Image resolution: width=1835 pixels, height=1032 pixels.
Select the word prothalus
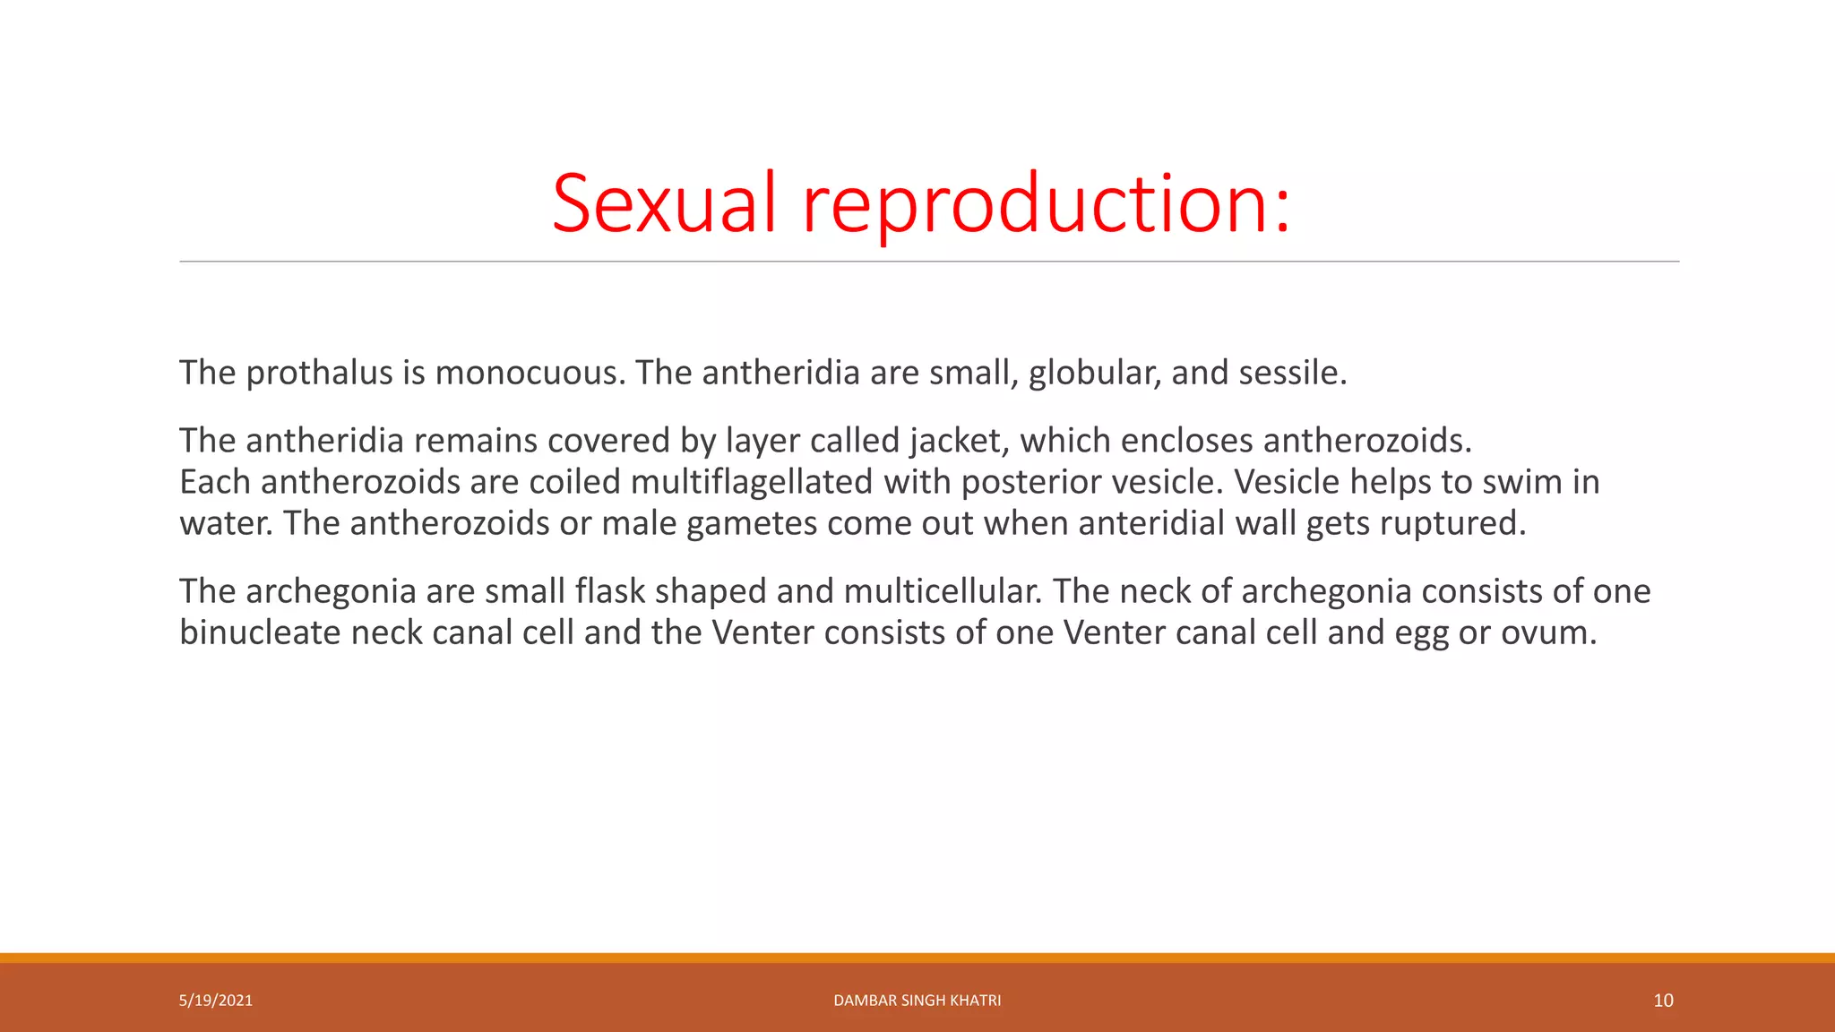319,373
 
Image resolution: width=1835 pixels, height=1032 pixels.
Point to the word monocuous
530,373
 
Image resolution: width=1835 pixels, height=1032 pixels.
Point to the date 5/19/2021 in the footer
216,1001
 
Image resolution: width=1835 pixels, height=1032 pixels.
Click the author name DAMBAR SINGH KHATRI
917,1001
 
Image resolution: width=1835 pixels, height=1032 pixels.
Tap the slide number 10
1663,1001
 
